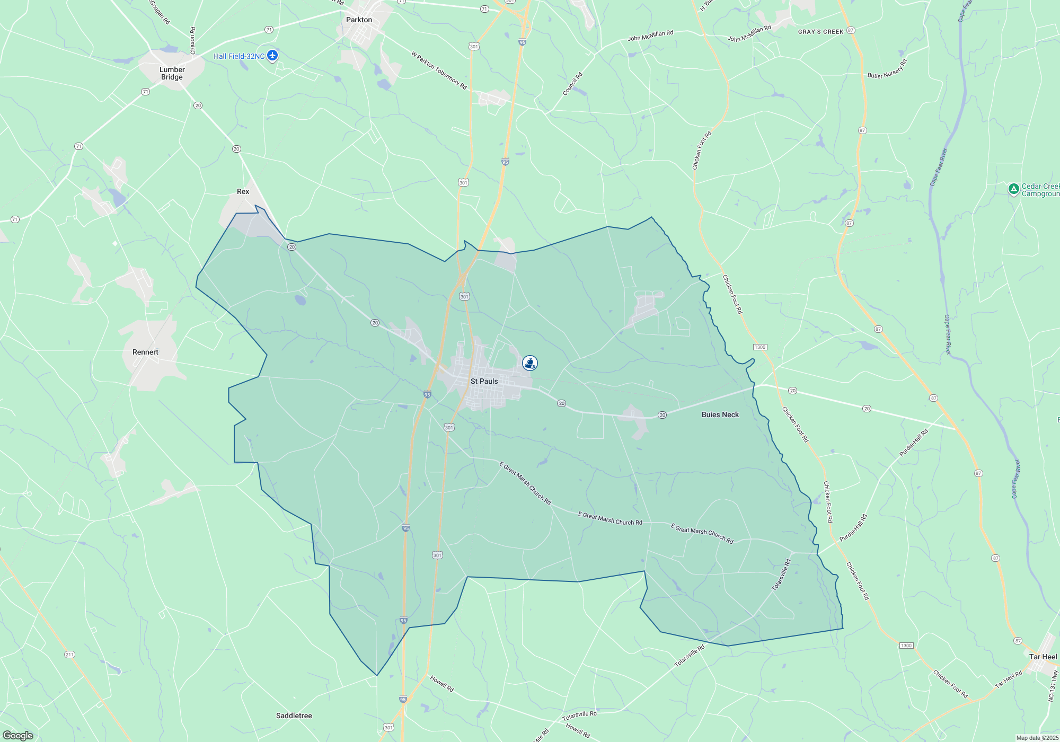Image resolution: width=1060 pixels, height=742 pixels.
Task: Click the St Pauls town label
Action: click(484, 381)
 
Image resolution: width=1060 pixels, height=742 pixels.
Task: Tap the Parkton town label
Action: click(359, 20)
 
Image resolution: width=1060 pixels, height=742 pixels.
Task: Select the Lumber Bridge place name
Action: click(172, 73)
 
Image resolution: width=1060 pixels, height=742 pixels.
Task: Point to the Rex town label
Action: click(243, 191)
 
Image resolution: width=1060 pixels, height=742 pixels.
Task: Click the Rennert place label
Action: click(145, 352)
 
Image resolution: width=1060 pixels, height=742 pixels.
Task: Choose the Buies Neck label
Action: click(720, 414)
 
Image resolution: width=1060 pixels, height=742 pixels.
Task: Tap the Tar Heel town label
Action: click(1043, 657)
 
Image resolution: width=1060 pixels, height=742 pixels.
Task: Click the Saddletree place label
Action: click(294, 715)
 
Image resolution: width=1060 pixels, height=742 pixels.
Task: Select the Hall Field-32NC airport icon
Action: click(272, 56)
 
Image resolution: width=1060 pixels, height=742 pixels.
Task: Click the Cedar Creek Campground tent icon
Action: click(1013, 189)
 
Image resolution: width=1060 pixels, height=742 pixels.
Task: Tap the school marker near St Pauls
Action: click(529, 363)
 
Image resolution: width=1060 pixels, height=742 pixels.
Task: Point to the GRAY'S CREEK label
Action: click(820, 32)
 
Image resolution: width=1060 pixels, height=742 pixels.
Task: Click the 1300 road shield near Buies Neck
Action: click(759, 347)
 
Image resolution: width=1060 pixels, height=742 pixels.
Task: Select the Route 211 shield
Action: click(69, 655)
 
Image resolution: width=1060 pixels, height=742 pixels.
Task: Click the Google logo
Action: click(18, 736)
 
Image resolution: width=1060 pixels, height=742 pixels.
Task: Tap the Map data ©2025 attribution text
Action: click(1037, 738)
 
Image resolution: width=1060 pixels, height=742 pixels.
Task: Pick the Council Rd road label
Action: click(572, 84)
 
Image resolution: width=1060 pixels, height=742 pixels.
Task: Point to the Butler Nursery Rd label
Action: click(887, 69)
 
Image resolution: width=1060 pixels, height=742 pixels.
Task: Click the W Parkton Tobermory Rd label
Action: click(439, 70)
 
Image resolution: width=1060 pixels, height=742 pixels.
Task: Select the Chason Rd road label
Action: click(192, 41)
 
